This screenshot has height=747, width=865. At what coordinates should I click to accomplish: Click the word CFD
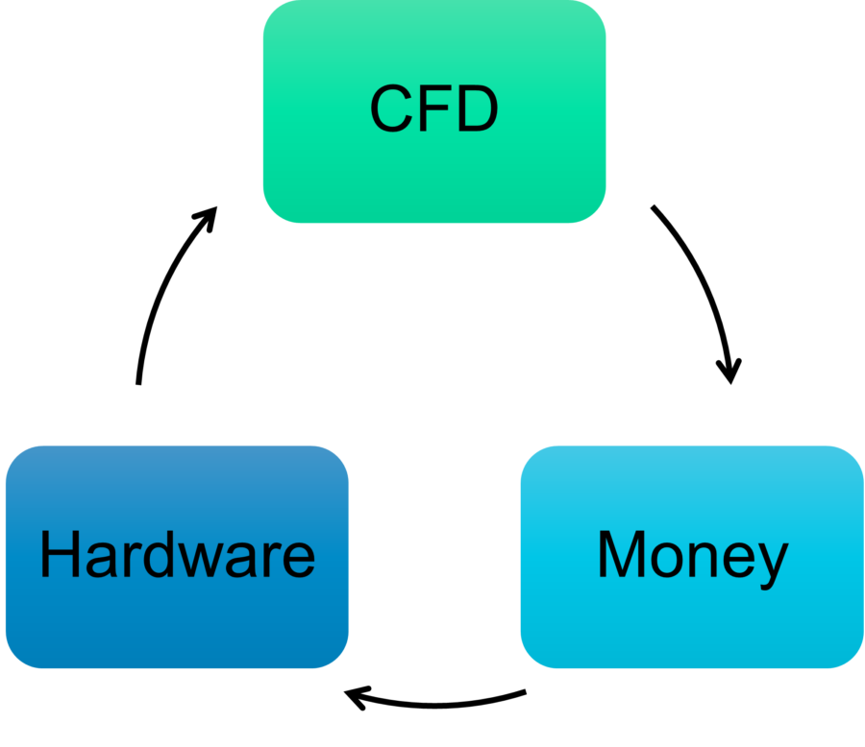point(433,109)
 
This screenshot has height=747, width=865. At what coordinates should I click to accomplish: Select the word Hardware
point(177,555)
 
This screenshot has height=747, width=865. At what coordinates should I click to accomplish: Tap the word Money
point(692,555)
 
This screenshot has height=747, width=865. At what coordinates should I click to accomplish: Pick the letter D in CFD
point(476,109)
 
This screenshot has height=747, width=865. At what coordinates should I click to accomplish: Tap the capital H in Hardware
point(58,555)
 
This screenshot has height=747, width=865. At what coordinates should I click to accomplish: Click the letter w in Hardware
point(210,561)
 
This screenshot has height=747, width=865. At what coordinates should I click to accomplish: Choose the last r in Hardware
point(273,561)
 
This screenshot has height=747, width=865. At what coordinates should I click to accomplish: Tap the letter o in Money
point(669,561)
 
